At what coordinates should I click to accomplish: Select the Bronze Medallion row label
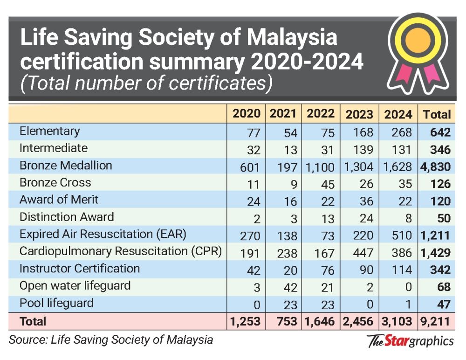pos(66,166)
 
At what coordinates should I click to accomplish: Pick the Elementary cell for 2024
pos(402,132)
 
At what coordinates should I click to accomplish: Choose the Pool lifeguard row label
pos(56,303)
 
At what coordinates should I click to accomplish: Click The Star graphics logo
pos(410,341)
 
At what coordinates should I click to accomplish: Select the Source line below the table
pos(111,339)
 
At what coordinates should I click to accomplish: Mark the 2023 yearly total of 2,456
pos(359,321)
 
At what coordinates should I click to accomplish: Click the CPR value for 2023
pos(363,253)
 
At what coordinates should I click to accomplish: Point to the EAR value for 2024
pos(402,235)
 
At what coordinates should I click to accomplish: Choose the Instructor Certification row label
pos(80,269)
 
